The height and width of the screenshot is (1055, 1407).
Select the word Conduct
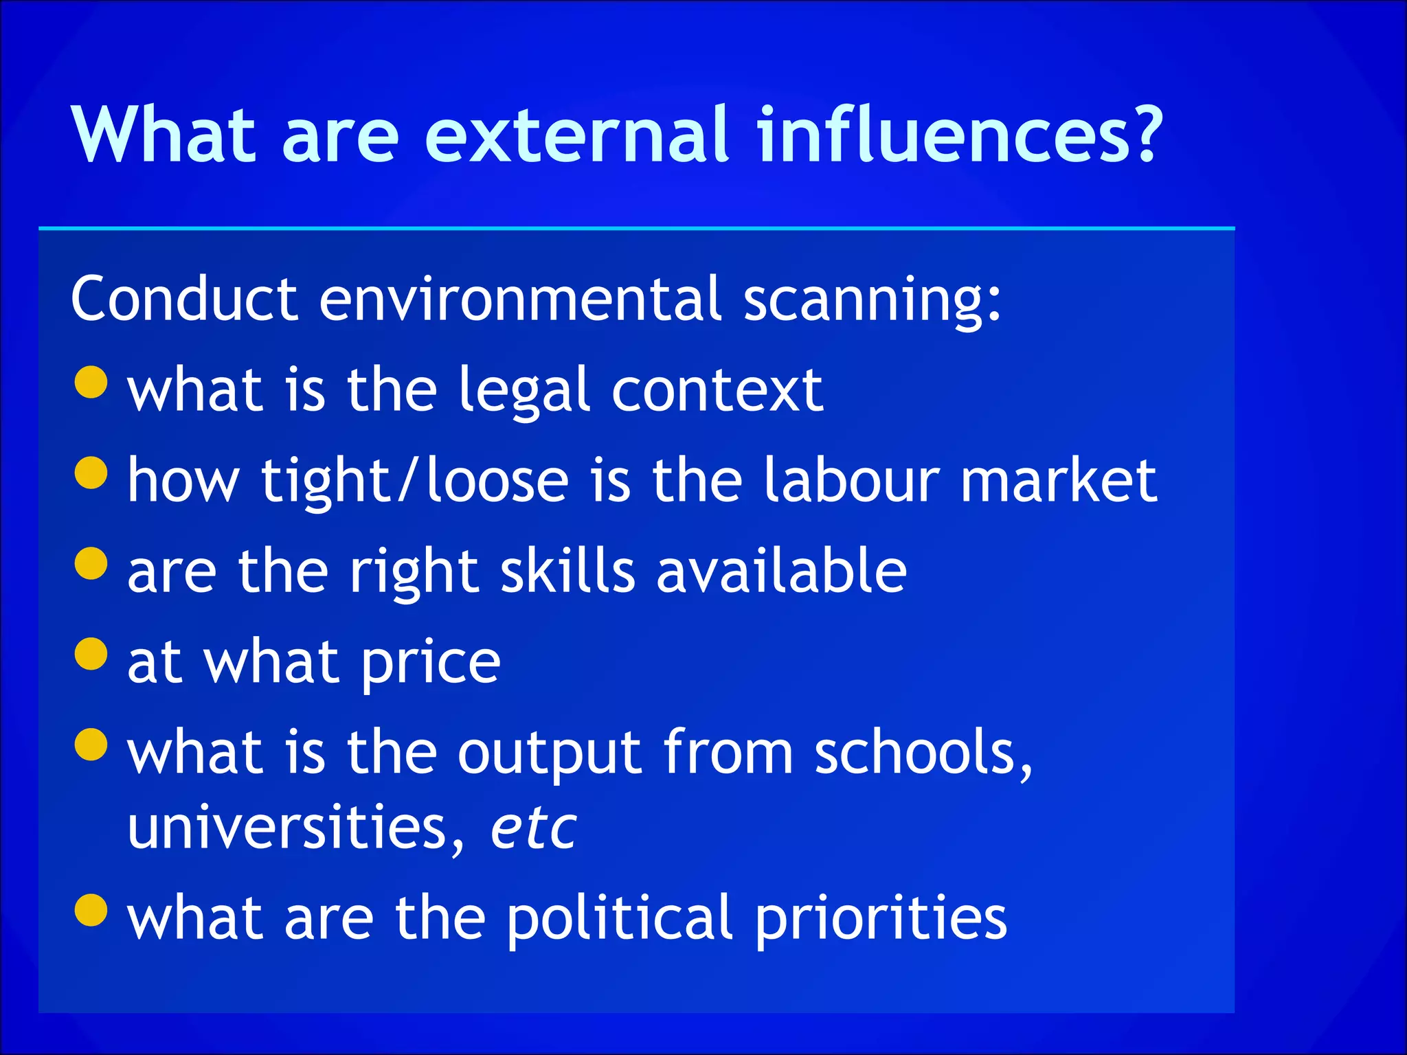click(184, 299)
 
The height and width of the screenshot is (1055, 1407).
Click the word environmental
click(520, 299)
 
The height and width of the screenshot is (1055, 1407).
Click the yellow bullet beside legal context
click(91, 381)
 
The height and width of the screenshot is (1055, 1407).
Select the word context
click(717, 390)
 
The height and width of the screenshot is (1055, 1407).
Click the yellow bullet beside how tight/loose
click(91, 473)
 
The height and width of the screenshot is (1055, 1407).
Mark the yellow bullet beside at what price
click(91, 653)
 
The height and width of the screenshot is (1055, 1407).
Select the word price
click(431, 663)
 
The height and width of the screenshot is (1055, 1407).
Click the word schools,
click(923, 753)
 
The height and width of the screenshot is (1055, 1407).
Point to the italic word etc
click(533, 828)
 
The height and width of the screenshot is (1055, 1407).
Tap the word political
click(620, 918)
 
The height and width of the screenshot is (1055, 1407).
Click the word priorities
click(881, 918)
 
